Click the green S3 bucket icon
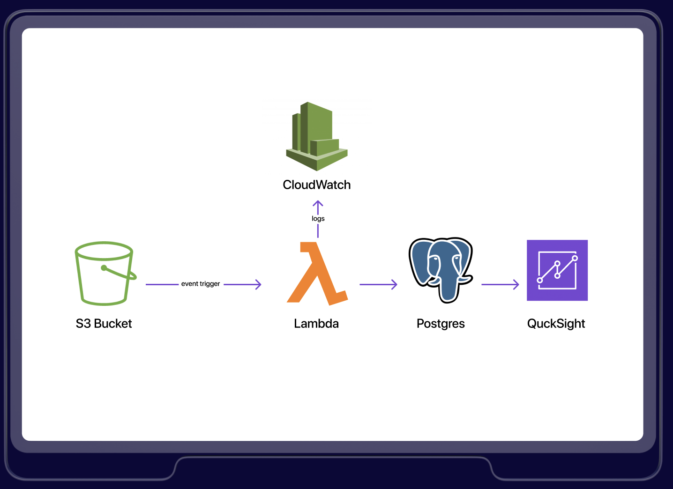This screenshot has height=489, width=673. pos(104,274)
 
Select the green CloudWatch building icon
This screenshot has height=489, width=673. pos(317,136)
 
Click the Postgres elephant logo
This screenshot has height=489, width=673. pos(441,270)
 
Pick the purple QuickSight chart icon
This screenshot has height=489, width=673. pos(557,270)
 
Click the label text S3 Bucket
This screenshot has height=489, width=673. pos(104,324)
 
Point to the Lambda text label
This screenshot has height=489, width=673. pos(316,324)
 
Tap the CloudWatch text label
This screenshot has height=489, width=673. pos(317,185)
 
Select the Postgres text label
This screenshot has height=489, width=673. pos(441,324)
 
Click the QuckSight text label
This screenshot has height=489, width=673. pos(556,324)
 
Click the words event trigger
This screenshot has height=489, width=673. pos(201,284)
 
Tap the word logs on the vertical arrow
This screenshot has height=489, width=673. pos(318,219)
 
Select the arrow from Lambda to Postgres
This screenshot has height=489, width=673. pos(378,284)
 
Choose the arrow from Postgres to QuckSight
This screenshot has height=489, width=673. pos(500,284)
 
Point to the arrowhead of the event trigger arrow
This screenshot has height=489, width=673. pos(258,284)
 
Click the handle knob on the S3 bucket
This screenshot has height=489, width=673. pos(104,268)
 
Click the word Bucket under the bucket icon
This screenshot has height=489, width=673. pos(113,324)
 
